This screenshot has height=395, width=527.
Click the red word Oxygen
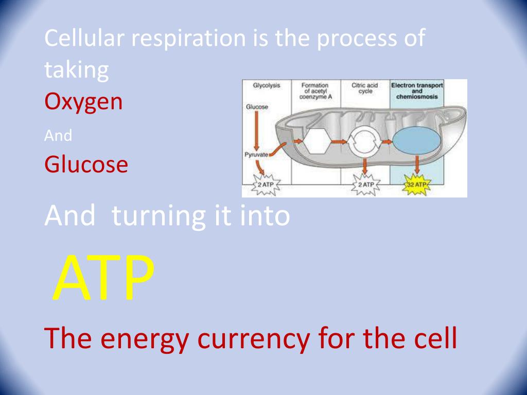[84, 102]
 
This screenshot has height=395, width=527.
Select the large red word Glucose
[86, 165]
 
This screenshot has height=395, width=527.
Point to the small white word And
[58, 136]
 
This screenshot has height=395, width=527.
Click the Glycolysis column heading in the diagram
[267, 86]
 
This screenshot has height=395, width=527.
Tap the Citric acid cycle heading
[365, 88]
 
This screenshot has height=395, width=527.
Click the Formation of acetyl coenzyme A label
[315, 91]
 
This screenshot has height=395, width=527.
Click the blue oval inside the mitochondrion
[417, 140]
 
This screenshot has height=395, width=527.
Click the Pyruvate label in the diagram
[256, 155]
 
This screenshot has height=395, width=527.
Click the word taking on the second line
[77, 70]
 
